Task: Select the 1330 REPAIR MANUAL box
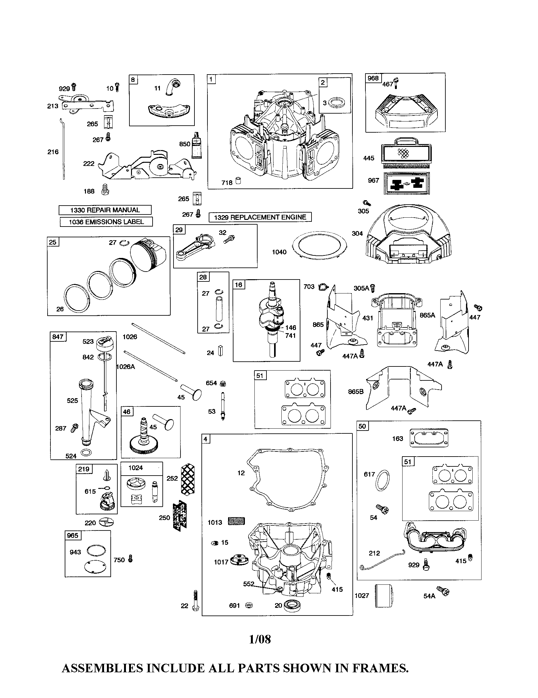coord(105,210)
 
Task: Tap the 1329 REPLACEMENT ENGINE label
coord(260,217)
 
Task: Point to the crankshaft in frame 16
coord(271,316)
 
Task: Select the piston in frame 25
coord(148,255)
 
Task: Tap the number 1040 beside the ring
coord(279,252)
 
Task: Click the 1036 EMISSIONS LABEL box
coord(106,222)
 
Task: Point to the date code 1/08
coord(260,639)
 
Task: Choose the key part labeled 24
coord(220,351)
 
